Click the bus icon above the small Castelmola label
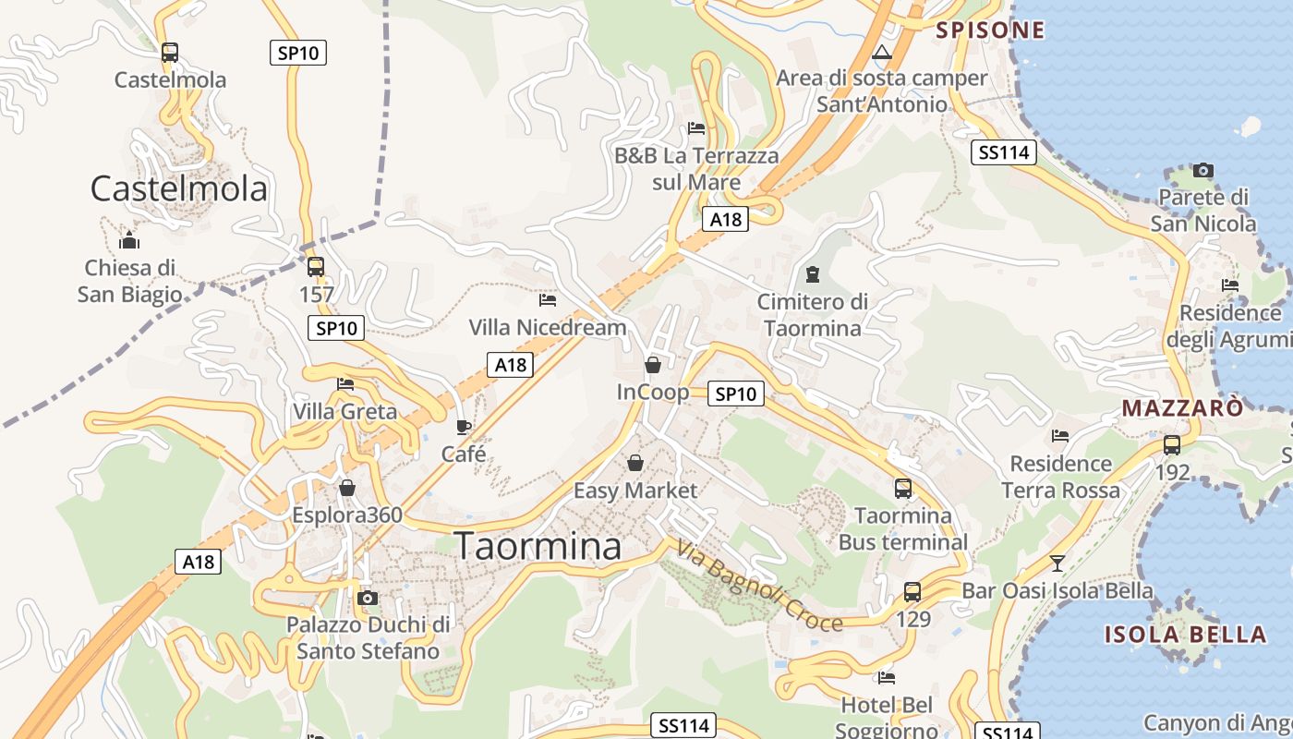pyautogui.click(x=169, y=53)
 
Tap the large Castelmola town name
pyautogui.click(x=178, y=188)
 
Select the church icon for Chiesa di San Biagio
pyautogui.click(x=129, y=242)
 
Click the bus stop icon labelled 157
pyautogui.click(x=316, y=267)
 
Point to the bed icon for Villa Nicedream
pyautogui.click(x=548, y=299)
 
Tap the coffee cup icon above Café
pyautogui.click(x=464, y=427)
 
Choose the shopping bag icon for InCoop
pyautogui.click(x=653, y=365)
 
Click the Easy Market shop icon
pyautogui.click(x=635, y=463)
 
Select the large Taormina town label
pyautogui.click(x=538, y=546)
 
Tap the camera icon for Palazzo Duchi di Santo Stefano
pyautogui.click(x=368, y=598)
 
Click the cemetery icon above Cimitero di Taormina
pyautogui.click(x=813, y=274)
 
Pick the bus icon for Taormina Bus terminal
pyautogui.click(x=903, y=489)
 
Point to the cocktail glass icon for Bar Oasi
pyautogui.click(x=1057, y=563)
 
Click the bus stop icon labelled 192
pyautogui.click(x=1172, y=445)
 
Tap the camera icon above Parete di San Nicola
pyautogui.click(x=1202, y=170)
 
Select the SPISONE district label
pyautogui.click(x=990, y=30)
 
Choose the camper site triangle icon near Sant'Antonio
pyautogui.click(x=882, y=53)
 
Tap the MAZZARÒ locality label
pyautogui.click(x=1182, y=407)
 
